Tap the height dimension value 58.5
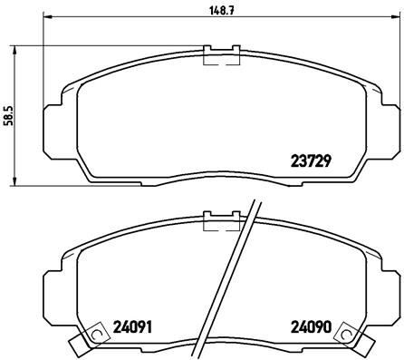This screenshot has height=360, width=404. click(9, 117)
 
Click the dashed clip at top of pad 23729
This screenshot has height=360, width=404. click(221, 55)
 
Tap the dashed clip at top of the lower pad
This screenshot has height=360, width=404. click(221, 221)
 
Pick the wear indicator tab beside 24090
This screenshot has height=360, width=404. click(350, 344)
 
